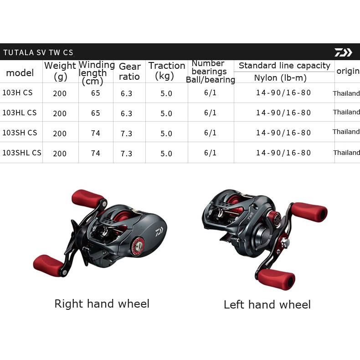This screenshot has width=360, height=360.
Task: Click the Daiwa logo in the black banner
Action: point(343,52)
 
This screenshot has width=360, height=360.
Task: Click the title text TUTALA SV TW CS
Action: point(38,52)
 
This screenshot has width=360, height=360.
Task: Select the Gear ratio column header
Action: point(129,72)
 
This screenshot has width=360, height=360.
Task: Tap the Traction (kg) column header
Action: point(167,71)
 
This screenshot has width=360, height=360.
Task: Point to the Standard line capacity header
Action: point(284,66)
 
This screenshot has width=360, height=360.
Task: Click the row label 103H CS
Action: point(17,93)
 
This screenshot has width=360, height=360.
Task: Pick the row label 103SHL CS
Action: point(22,153)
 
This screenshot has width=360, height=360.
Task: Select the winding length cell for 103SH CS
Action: point(96,133)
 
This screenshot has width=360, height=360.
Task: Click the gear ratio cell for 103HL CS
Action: point(126,113)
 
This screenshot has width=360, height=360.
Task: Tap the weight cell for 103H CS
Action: point(60,93)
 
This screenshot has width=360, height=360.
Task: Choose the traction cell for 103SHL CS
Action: point(166,154)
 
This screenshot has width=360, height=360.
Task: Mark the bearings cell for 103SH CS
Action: point(210,133)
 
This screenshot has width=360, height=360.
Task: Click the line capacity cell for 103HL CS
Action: point(283,113)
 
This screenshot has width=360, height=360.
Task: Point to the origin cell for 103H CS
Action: point(346,93)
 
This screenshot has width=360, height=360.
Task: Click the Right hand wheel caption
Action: point(102,303)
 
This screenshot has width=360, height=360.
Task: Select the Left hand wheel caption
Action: point(267,305)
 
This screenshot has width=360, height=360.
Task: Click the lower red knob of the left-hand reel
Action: point(276,279)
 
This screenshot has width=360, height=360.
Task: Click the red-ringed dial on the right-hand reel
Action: point(138,247)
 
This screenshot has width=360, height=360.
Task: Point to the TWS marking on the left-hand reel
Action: point(250,216)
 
